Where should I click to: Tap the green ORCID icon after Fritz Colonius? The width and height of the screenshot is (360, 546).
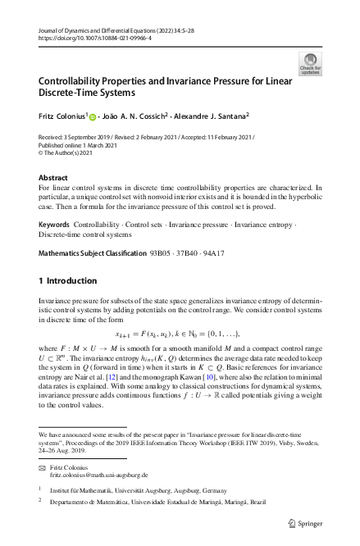click(x=93, y=117)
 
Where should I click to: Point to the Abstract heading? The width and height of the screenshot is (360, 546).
click(x=53, y=177)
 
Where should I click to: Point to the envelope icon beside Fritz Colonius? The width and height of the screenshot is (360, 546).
click(x=43, y=466)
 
